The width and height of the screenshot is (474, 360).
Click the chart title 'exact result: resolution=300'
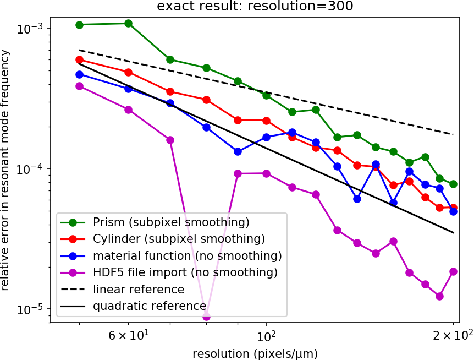[255, 7]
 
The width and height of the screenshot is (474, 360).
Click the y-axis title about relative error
[6, 170]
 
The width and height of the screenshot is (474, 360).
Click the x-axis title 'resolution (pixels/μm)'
[255, 352]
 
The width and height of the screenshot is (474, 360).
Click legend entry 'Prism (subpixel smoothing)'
[171, 223]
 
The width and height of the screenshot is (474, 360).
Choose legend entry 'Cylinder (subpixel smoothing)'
[179, 239]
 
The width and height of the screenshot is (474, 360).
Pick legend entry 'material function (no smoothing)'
[187, 256]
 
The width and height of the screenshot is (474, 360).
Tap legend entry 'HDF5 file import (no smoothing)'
[185, 272]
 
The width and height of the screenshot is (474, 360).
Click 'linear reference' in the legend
[138, 289]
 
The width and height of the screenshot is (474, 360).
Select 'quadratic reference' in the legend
[150, 306]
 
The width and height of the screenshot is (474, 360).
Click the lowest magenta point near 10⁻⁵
[206, 317]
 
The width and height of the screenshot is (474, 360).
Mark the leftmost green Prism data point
[79, 25]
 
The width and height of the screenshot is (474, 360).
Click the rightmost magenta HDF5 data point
[453, 271]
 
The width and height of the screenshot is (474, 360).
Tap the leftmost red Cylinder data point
[79, 60]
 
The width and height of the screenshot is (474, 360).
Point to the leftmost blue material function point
[79, 74]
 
